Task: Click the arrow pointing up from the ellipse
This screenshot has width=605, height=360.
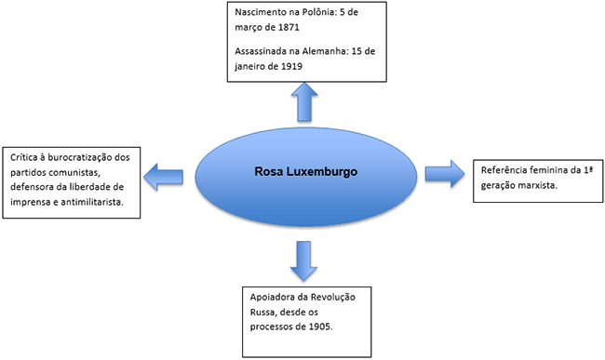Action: pyautogui.click(x=304, y=102)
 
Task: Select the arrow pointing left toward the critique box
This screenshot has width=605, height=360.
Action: pyautogui.click(x=163, y=177)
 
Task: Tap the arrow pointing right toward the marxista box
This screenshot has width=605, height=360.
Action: pyautogui.click(x=445, y=174)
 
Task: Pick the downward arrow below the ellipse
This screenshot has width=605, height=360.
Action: pyautogui.click(x=303, y=261)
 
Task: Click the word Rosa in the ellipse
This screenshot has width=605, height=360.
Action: pyautogui.click(x=269, y=171)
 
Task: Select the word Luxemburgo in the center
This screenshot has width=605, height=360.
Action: pyautogui.click(x=322, y=172)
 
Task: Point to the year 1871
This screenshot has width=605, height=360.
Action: pyautogui.click(x=289, y=27)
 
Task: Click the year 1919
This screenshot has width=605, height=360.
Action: pyautogui.click(x=291, y=66)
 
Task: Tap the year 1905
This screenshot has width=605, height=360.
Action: pyautogui.click(x=320, y=327)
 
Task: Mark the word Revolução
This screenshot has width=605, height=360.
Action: pyautogui.click(x=333, y=297)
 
